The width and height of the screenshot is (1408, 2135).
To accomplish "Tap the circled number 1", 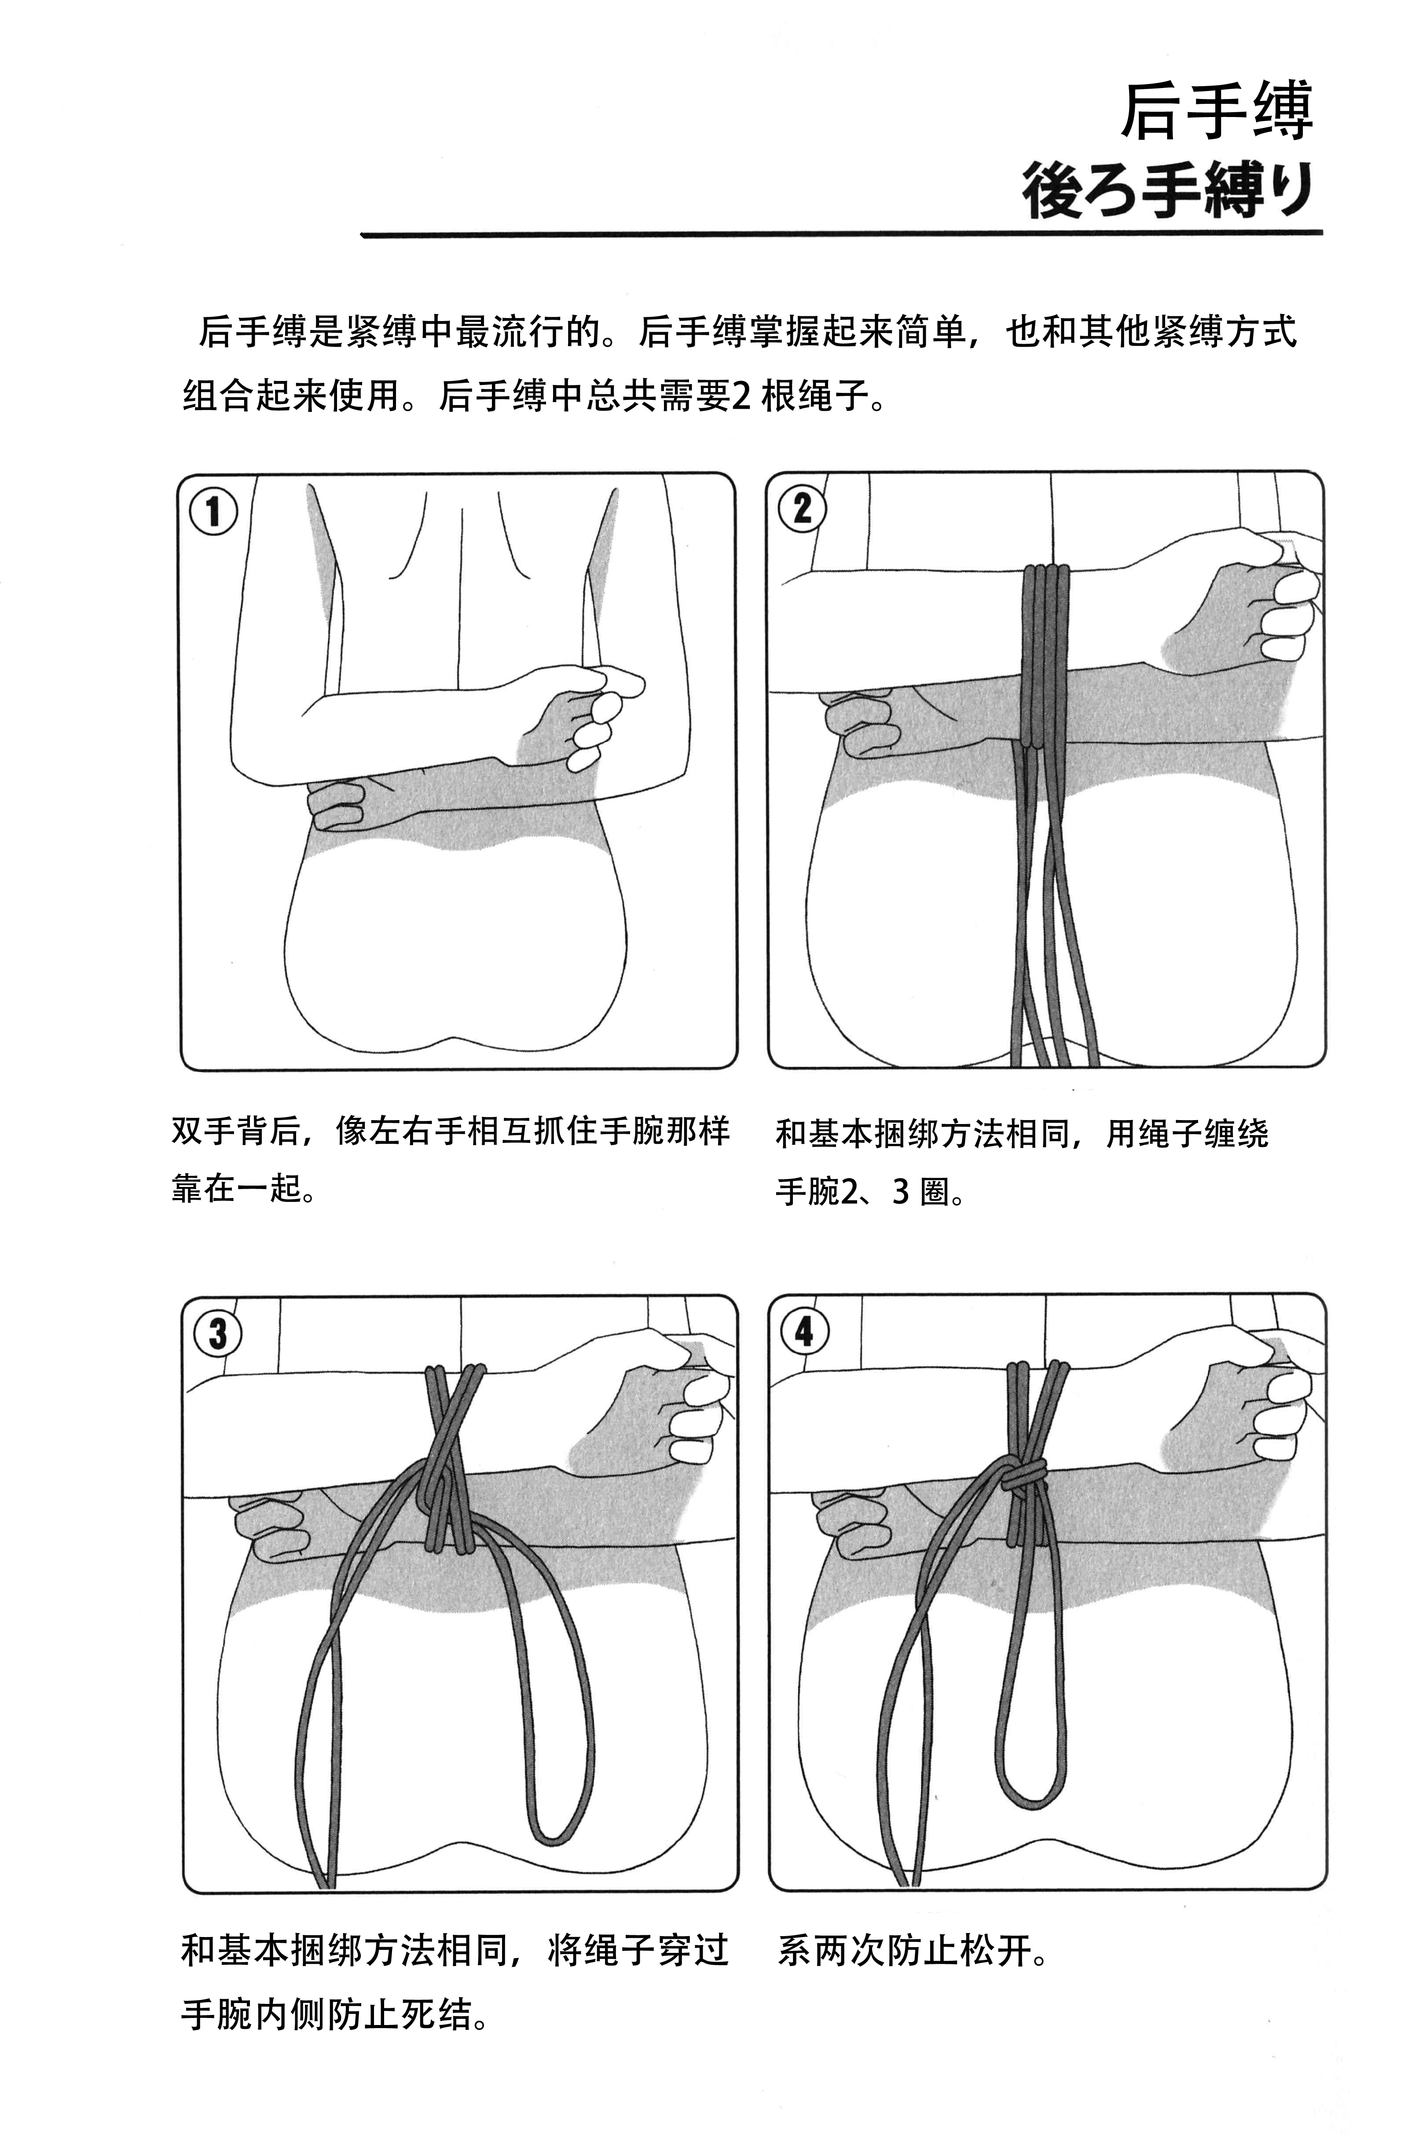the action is pos(214,512).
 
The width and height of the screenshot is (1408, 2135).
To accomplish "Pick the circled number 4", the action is pos(804,1331).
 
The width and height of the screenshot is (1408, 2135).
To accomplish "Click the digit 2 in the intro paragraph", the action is pos(742,396).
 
